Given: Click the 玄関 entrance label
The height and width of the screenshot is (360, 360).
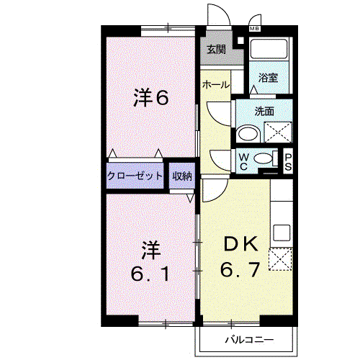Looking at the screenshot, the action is tap(216, 50).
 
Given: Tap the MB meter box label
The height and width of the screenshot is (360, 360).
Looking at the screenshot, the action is tap(254, 29).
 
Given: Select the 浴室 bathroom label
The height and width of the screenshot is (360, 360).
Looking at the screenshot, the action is tap(268, 78).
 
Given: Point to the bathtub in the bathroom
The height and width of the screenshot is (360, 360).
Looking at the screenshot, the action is tap(269, 48).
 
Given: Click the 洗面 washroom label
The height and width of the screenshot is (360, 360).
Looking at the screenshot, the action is tap(264, 112).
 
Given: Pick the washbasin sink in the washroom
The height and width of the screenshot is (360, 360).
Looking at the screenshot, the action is tap(248, 134).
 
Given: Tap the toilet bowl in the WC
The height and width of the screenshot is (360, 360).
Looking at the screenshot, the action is tap(264, 158).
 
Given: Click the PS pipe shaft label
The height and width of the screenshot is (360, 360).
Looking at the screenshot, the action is tap(288, 162).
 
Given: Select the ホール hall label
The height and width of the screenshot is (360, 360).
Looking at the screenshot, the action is tap(216, 84).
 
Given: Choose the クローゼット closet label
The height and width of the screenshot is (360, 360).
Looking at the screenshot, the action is tap(135, 176).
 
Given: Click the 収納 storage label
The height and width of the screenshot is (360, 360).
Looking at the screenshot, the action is tap(182, 176).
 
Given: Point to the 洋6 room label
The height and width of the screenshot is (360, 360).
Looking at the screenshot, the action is tap(151, 98).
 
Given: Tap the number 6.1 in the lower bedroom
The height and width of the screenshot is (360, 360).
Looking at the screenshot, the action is tap(151, 274).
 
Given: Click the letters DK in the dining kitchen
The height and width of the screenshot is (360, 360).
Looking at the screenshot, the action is tap(240, 244).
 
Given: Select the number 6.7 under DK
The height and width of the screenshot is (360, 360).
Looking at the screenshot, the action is tap(240, 269).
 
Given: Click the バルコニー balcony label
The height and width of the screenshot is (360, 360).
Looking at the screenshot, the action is tap(249, 340).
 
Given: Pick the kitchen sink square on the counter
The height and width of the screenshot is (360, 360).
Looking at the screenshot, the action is tap(282, 233).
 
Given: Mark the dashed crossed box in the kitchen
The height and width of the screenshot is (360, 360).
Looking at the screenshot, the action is tap(280, 259).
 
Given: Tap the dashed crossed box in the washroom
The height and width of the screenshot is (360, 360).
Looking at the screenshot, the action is tap(278, 132).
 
